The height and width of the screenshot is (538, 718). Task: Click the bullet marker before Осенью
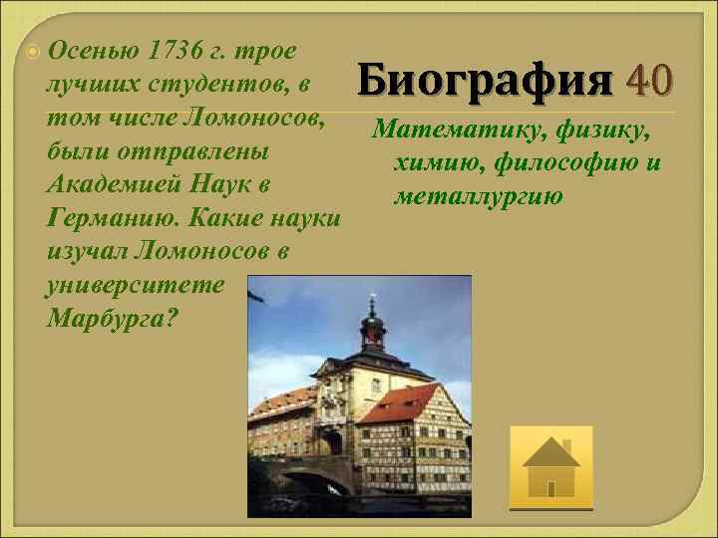34,49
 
